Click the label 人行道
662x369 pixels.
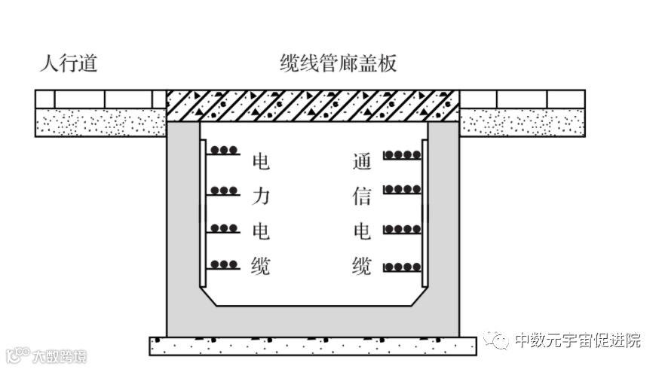pos(69,64)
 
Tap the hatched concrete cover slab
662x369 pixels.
pos(313,105)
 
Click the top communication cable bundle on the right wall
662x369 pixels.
pos(402,155)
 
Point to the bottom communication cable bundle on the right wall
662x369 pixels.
pos(402,267)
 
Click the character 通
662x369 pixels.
pos(362,162)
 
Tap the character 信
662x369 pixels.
pos(362,197)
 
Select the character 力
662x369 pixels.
pos(260,197)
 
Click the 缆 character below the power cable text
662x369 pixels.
pos(260,266)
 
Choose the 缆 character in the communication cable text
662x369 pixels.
pos(362,266)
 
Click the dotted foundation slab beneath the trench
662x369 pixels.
pos(313,346)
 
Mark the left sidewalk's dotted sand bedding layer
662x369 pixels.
pos(100,122)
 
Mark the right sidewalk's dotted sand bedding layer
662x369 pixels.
pos(523,122)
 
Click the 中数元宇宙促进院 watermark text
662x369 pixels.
pos(578,340)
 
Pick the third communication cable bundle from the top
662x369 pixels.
pos(402,228)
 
